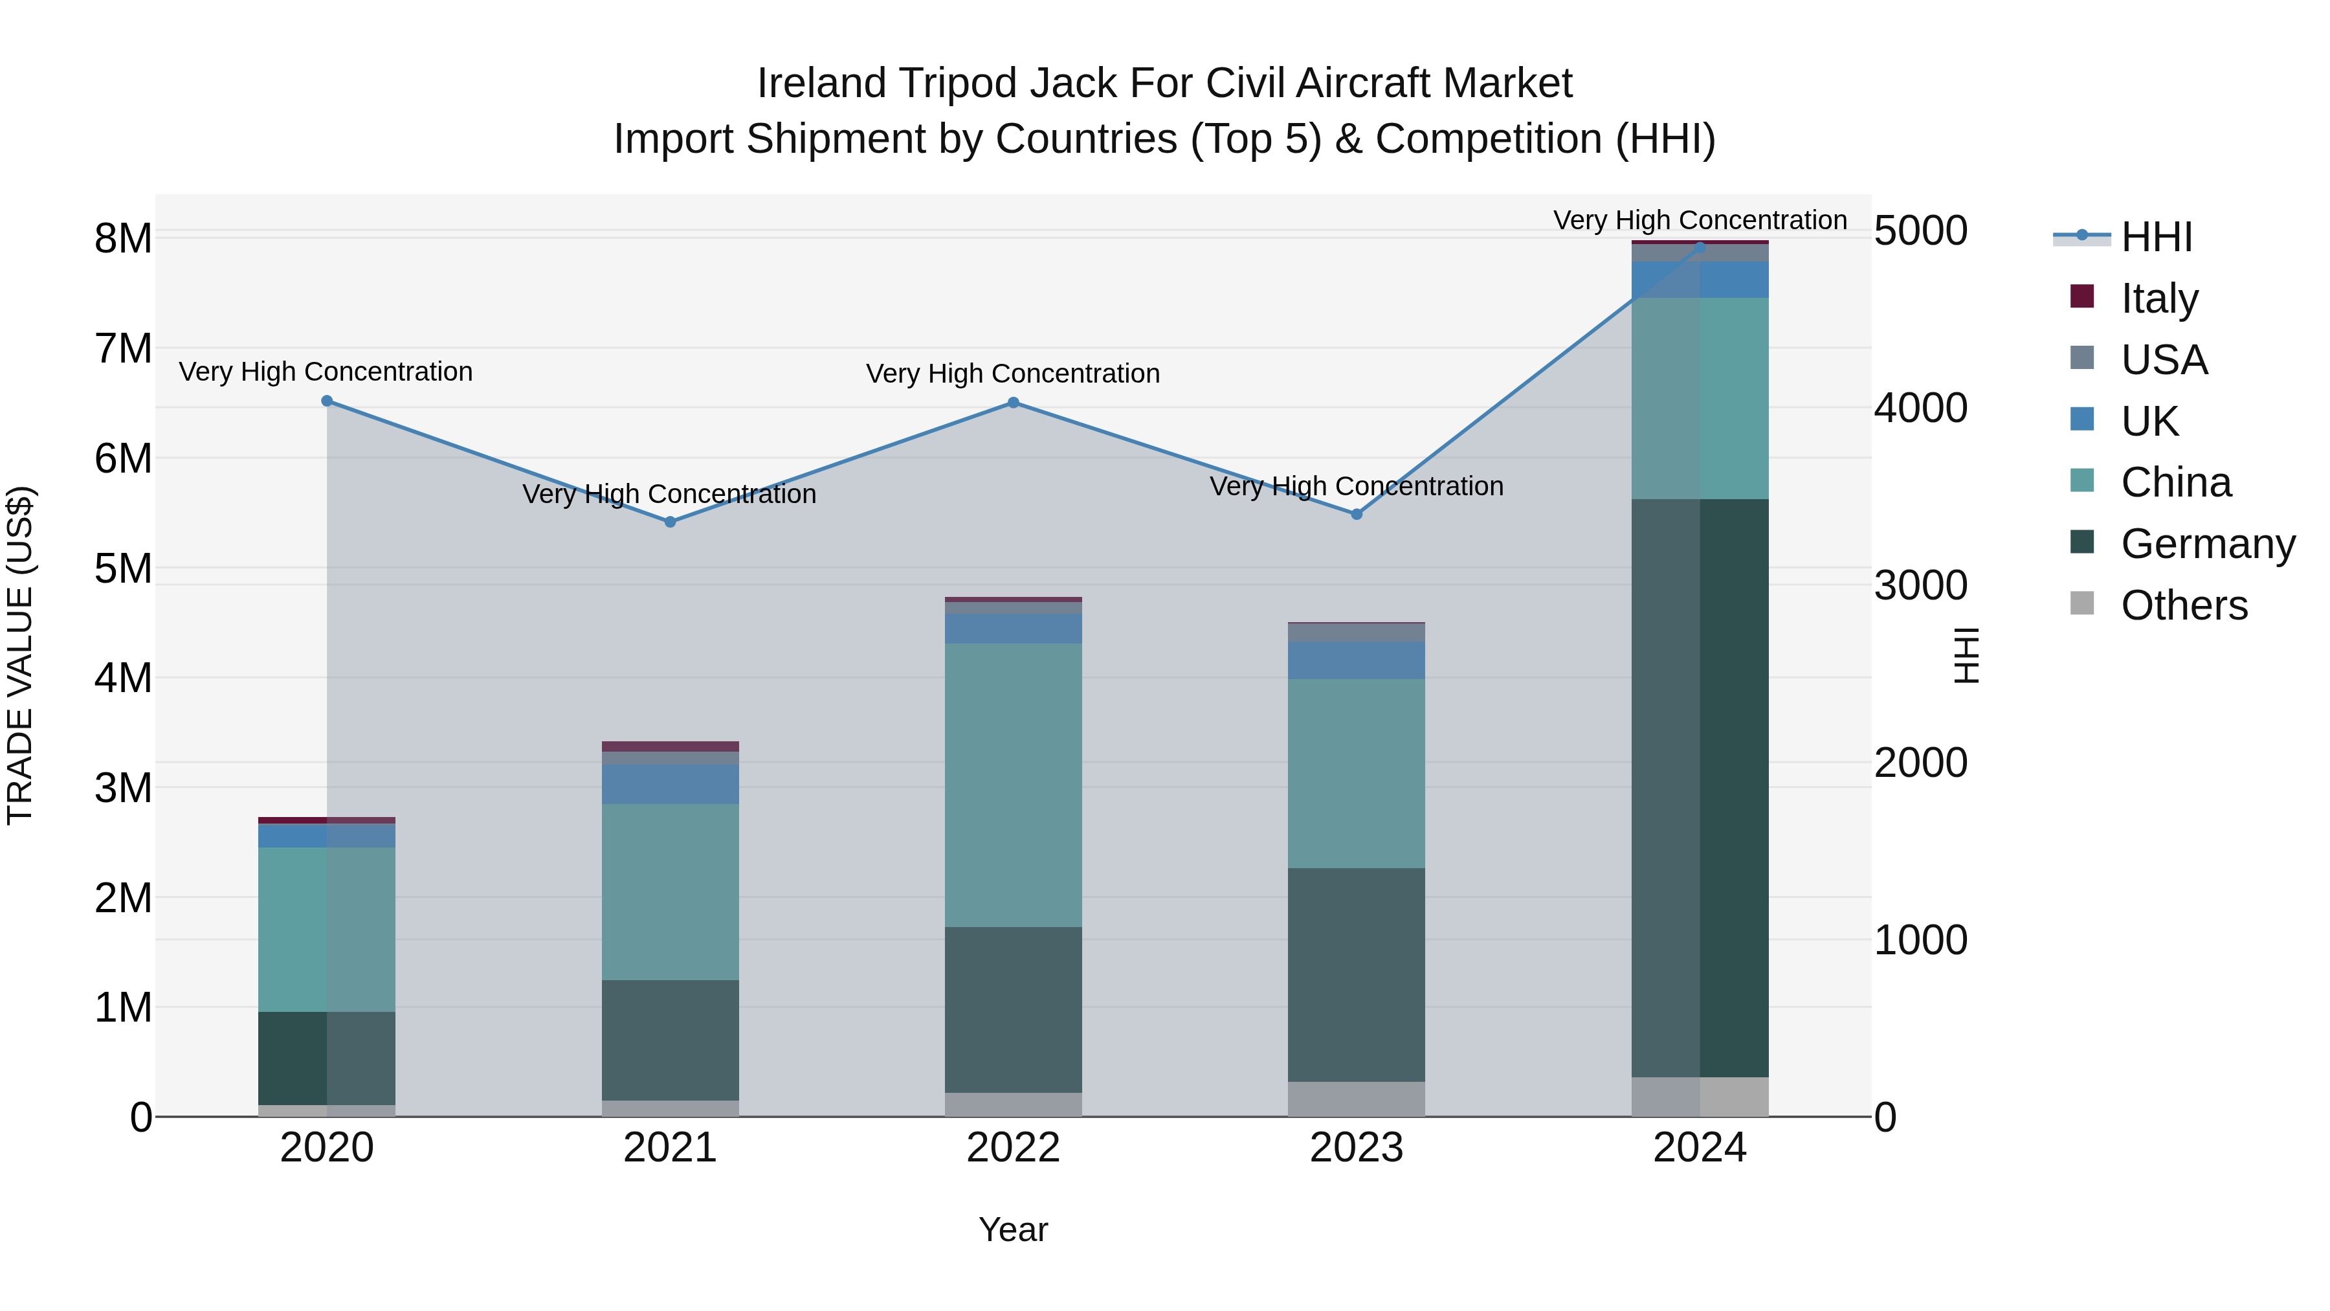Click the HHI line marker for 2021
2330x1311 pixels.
[671, 522]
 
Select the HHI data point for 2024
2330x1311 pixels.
[1700, 247]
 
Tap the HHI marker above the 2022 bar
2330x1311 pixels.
[1013, 403]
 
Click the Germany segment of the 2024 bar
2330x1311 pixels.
[1700, 787]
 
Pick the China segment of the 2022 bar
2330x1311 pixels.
[1013, 785]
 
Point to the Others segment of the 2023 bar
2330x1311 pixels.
[1356, 1099]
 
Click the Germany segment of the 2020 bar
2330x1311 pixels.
[327, 1058]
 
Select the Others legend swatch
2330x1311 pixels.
[2082, 603]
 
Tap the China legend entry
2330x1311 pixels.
[2175, 482]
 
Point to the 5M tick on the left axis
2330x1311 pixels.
[123, 568]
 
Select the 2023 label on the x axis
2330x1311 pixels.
[1356, 1148]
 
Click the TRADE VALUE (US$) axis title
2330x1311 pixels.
[21, 655]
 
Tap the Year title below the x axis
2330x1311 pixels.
[1013, 1229]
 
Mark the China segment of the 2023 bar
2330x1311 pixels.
[1356, 774]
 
